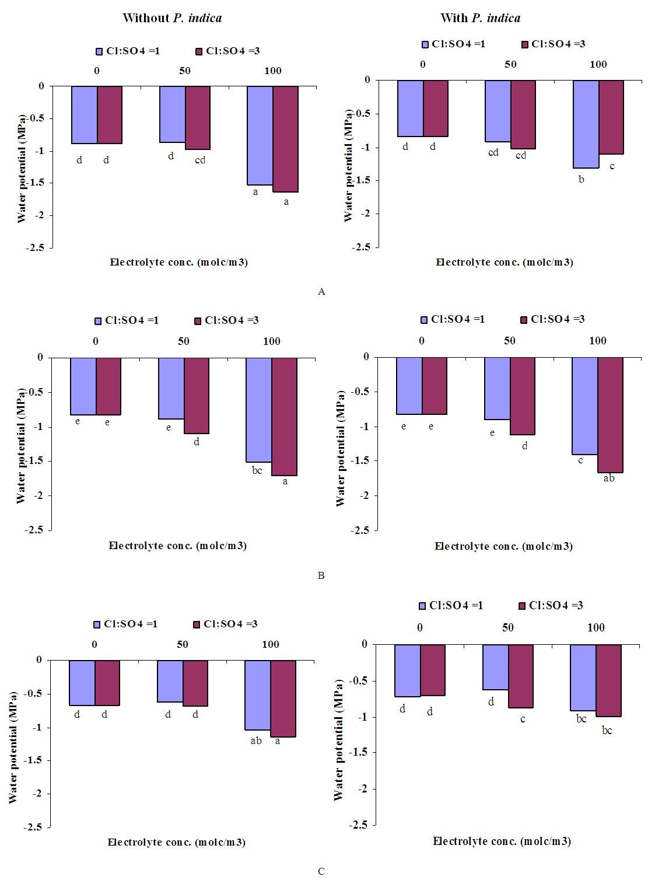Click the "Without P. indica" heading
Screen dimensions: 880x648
tap(172, 18)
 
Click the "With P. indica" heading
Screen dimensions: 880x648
tap(480, 18)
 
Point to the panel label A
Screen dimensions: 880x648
tap(321, 291)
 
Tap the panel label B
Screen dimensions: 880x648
tap(321, 575)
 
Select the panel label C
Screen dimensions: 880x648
tap(321, 871)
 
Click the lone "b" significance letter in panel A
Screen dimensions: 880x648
tap(581, 179)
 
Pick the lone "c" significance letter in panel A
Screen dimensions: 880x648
tap(612, 166)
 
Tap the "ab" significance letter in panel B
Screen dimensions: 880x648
tap(609, 479)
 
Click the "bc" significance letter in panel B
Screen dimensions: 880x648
tap(257, 470)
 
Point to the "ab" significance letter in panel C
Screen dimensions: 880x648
tap(256, 741)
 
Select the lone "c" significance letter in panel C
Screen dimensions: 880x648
tap(523, 719)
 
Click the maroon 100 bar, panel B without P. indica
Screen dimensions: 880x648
tap(285, 417)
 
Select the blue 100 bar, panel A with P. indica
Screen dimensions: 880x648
tap(586, 124)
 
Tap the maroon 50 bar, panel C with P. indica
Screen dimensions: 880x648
tap(521, 676)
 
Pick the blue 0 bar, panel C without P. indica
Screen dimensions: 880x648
tap(82, 683)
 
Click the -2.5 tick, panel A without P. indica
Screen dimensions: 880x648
tap(35, 247)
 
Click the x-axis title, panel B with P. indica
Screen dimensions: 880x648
tap(503, 546)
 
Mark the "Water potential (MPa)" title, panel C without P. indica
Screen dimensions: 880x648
tap(13, 748)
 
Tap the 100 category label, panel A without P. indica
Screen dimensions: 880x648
tap(273, 71)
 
